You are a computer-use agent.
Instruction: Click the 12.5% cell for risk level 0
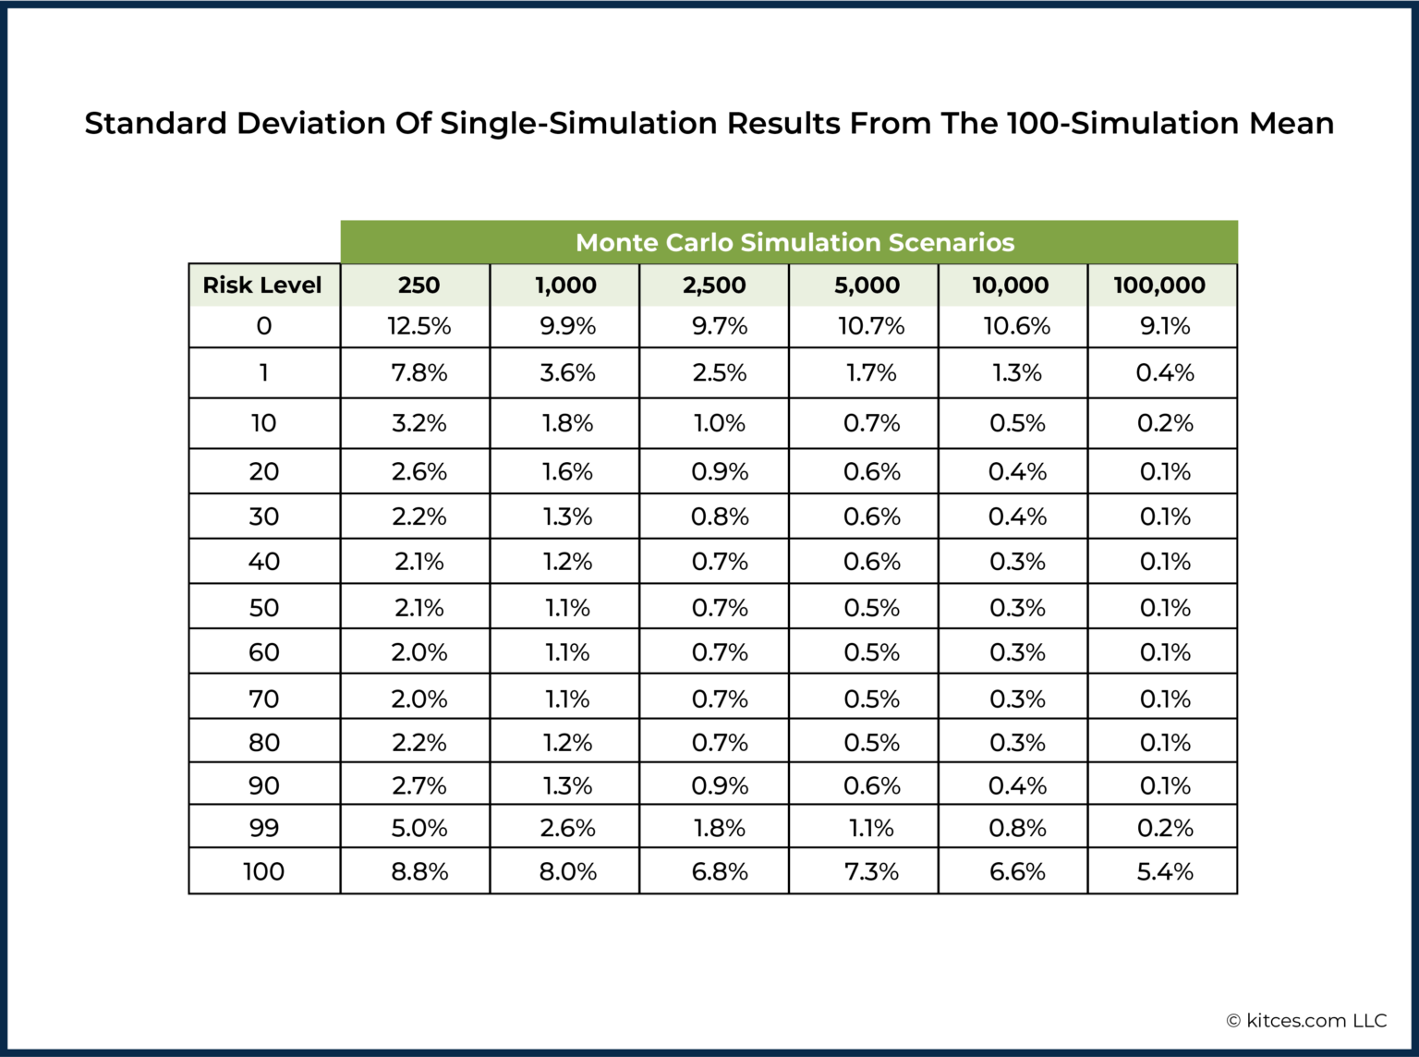point(418,326)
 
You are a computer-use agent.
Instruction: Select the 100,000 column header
point(1159,286)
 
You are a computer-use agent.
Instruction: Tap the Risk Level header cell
point(262,286)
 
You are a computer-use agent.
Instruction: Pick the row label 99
point(264,828)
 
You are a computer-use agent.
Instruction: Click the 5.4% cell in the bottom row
point(1164,871)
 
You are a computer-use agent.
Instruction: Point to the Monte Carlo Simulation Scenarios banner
point(794,242)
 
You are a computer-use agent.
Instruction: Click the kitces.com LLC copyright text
point(1306,1020)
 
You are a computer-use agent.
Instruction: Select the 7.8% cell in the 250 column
point(418,372)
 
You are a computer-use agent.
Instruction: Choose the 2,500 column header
point(714,286)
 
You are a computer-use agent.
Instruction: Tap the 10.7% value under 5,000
point(870,326)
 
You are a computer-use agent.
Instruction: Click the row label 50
point(264,608)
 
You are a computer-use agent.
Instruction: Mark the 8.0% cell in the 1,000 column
point(567,871)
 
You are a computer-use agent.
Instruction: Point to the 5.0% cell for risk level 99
point(418,828)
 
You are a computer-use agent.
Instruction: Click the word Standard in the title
point(155,123)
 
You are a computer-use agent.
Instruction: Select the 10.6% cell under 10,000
point(1016,326)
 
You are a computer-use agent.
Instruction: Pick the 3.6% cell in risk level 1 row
point(567,372)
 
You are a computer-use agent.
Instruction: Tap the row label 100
point(264,871)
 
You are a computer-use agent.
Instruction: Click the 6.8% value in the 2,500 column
point(720,871)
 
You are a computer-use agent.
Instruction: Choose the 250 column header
point(418,286)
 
